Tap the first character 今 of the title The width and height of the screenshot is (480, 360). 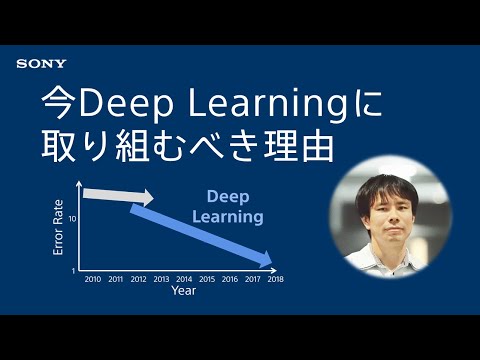[56, 102]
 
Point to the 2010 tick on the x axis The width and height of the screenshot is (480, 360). [92, 279]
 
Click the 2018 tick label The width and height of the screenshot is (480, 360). [276, 279]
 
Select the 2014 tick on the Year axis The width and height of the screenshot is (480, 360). [184, 279]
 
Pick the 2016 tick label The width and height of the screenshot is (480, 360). [230, 279]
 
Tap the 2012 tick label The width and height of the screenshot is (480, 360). [138, 279]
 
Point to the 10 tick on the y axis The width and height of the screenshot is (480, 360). [74, 217]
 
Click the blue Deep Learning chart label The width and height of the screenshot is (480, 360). [235, 206]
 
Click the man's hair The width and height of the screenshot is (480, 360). [384, 180]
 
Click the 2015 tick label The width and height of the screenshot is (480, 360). [207, 279]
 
